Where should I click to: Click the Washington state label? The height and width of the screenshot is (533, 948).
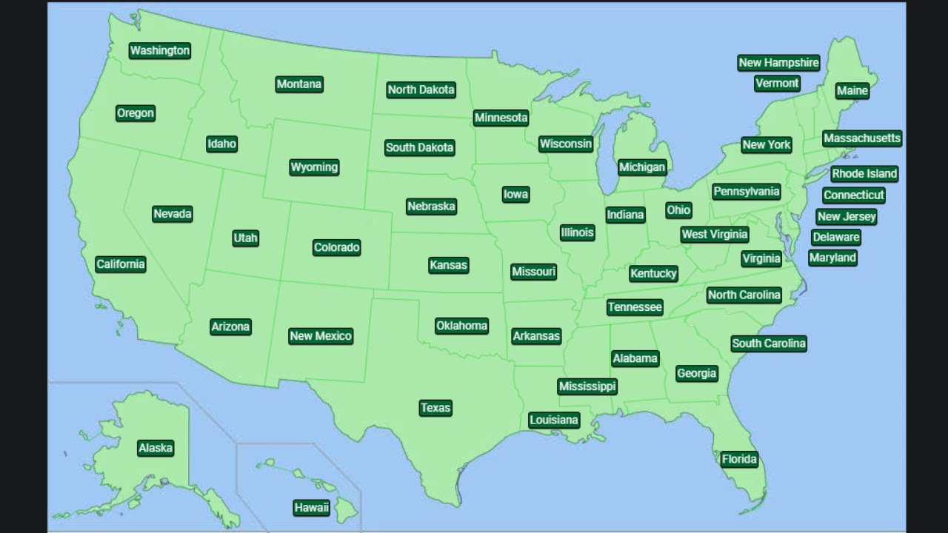click(160, 50)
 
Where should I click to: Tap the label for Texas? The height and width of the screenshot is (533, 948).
click(435, 408)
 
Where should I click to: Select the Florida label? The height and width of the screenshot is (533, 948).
click(739, 459)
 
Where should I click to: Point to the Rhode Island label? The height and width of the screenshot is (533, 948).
click(864, 174)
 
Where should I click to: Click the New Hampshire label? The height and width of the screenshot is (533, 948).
click(778, 63)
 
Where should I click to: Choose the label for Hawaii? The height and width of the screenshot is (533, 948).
click(311, 508)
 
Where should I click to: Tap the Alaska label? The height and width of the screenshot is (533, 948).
click(156, 448)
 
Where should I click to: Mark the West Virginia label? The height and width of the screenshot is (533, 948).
click(715, 235)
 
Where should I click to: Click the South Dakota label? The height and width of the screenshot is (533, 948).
click(420, 147)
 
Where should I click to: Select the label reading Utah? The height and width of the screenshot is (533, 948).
click(245, 238)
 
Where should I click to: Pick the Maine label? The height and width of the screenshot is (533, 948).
click(852, 90)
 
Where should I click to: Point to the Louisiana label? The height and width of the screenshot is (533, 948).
click(554, 420)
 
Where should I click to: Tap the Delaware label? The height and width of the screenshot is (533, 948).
click(835, 238)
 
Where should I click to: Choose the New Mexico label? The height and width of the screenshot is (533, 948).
click(321, 336)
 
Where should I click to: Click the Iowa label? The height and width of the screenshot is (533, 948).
click(515, 195)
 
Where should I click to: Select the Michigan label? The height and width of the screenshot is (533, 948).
click(642, 167)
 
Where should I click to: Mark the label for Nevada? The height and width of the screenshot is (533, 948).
click(173, 214)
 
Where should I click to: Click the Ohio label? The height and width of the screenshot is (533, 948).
click(678, 210)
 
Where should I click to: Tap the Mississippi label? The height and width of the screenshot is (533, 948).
click(587, 386)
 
